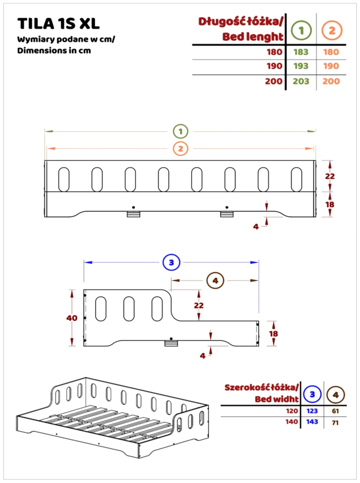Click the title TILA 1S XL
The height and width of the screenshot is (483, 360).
click(58, 24)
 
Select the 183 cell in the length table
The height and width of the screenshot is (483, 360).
click(301, 52)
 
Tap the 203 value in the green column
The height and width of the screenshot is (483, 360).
click(301, 81)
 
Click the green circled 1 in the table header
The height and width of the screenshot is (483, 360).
click(301, 31)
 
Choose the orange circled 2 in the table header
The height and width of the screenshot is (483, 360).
click(332, 31)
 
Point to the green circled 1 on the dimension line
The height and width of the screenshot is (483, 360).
click(180, 131)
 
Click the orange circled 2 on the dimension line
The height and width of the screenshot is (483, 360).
click(180, 149)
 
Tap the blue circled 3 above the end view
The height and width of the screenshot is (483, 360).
click(171, 262)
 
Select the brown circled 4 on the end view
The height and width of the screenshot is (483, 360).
click(215, 281)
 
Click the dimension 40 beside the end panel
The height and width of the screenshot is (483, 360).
click(72, 318)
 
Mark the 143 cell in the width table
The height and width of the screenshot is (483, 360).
click(311, 422)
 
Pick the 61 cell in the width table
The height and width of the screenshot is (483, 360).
click(335, 411)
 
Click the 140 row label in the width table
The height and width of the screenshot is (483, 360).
click(292, 422)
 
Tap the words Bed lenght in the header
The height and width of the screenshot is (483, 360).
click(253, 36)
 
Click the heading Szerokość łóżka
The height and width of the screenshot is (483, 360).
click(261, 388)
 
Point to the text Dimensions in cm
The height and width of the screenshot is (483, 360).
click(54, 50)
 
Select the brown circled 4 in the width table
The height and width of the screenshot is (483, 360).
click(335, 393)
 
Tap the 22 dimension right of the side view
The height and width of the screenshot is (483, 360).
click(330, 176)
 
